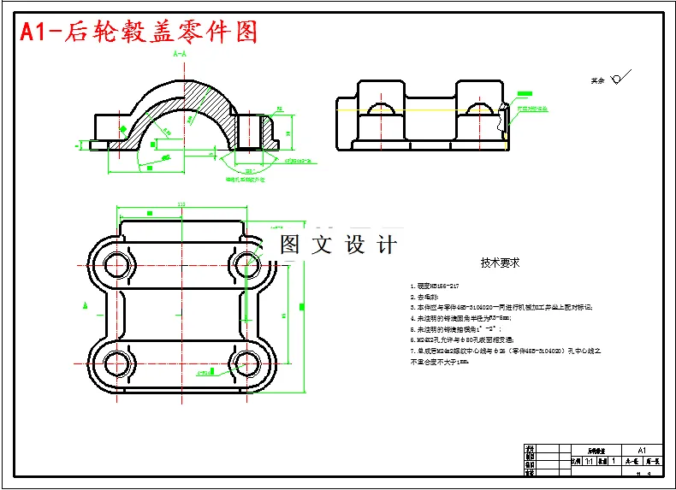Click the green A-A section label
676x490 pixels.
180,54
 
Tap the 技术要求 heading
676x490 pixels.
501,263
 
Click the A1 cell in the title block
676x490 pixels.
642,450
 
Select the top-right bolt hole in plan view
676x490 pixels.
246,262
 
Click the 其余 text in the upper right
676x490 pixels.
597,81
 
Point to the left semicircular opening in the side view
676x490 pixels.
377,109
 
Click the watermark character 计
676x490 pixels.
387,245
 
